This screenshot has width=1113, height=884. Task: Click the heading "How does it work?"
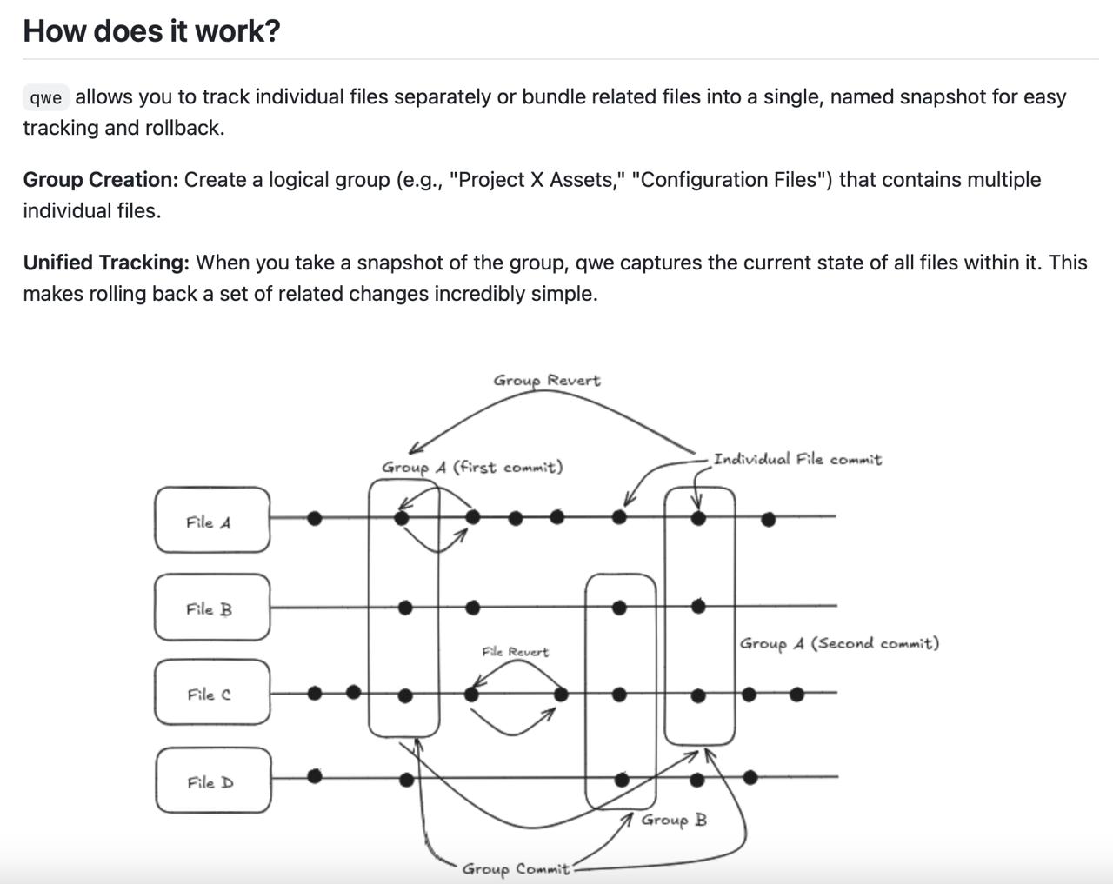tap(151, 30)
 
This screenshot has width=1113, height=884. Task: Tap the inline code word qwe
tap(45, 97)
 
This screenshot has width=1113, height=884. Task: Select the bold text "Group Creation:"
tap(100, 180)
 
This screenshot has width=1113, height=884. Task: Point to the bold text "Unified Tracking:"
tap(105, 263)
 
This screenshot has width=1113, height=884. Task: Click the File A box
tap(211, 520)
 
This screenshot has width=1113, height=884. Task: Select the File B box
tap(211, 607)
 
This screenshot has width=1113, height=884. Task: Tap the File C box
tap(211, 693)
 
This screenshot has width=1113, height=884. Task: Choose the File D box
tap(213, 781)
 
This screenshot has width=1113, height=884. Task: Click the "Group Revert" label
tap(546, 380)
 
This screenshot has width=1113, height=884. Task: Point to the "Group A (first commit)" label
tap(472, 467)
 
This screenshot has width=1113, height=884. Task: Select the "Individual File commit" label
tap(797, 459)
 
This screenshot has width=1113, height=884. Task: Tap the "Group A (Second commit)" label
tap(839, 643)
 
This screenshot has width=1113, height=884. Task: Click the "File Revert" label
tap(516, 651)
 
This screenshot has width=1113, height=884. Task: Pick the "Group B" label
tap(674, 820)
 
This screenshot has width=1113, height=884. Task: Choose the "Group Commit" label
tap(516, 868)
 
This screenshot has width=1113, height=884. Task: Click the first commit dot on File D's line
tap(315, 775)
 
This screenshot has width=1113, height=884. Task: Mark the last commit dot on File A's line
tap(768, 520)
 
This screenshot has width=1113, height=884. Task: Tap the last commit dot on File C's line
tap(796, 695)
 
